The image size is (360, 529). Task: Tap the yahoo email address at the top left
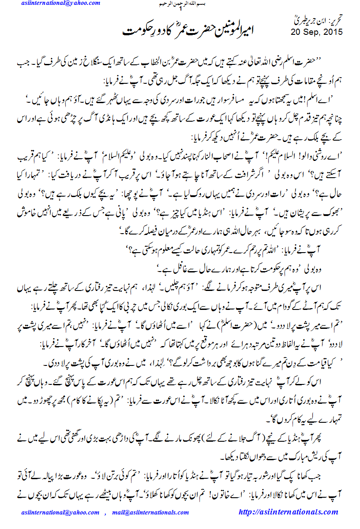[61, 4]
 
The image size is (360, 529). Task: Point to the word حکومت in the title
[135, 31]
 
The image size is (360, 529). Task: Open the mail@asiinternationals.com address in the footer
[150, 512]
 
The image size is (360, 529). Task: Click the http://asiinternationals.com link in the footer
[288, 512]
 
